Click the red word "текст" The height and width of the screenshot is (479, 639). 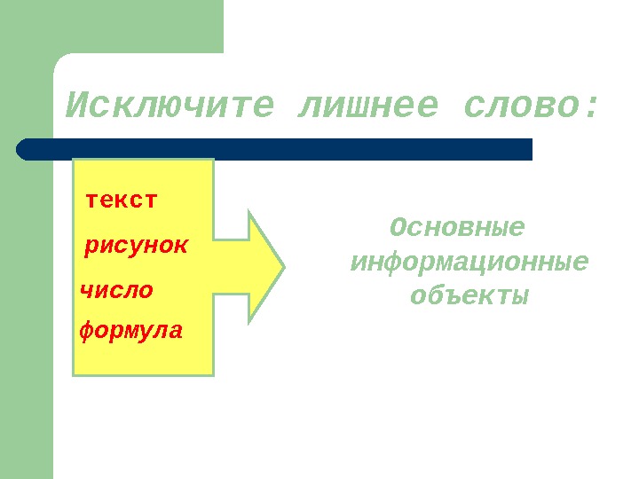click(x=122, y=200)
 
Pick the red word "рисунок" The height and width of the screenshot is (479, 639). click(x=136, y=245)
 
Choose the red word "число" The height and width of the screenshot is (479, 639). click(x=117, y=289)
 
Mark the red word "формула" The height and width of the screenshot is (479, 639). click(x=131, y=332)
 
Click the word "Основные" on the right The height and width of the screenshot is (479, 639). click(x=457, y=229)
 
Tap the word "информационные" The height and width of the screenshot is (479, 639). click(x=469, y=263)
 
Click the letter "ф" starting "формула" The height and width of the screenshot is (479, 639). click(x=87, y=333)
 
